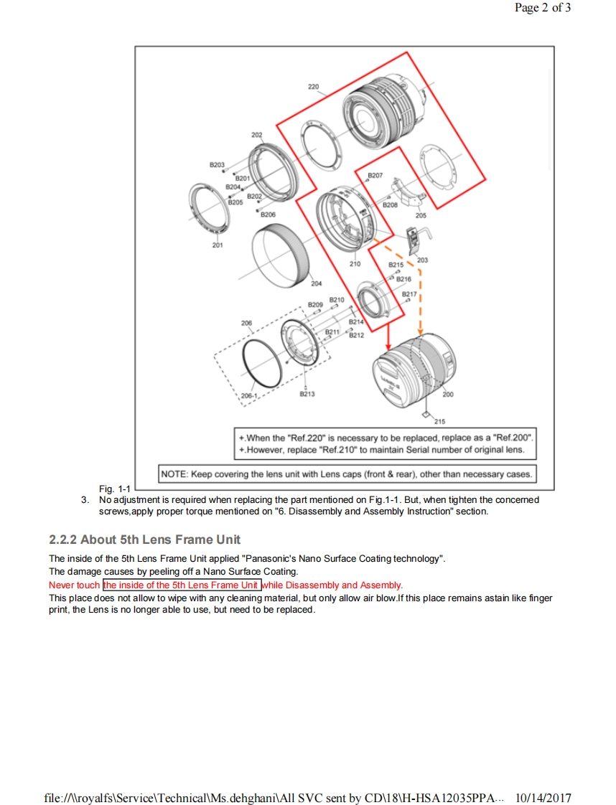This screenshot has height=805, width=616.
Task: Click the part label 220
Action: tap(313, 87)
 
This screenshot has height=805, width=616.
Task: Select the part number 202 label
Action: tap(256, 135)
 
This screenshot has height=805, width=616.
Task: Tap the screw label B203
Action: tap(217, 165)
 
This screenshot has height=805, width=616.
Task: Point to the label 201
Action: tap(218, 245)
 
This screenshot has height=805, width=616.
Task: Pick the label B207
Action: tap(375, 175)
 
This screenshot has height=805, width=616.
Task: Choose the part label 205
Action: tap(421, 215)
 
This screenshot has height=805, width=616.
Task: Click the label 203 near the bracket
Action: tap(422, 260)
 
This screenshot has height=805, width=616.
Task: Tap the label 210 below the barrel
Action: tap(355, 264)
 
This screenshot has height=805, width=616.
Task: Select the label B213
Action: tap(307, 394)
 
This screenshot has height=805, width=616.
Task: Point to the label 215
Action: tap(439, 421)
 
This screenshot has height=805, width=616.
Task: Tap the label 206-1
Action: tap(249, 395)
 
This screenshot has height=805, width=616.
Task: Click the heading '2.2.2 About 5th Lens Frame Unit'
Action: tap(144, 540)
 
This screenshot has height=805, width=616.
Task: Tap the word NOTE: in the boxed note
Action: tap(174, 474)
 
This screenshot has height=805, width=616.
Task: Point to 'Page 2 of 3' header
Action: tap(543, 9)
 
